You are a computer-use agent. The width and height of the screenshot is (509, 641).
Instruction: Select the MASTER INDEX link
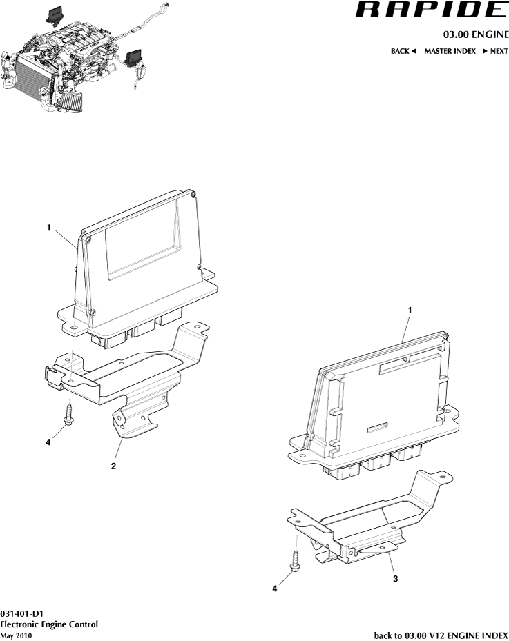450,51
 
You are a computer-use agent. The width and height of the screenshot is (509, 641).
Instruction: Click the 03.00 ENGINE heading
476,34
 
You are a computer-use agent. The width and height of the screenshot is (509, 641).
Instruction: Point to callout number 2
113,466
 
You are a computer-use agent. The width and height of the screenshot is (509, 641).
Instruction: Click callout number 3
395,578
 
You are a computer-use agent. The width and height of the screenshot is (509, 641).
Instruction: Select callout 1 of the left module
49,228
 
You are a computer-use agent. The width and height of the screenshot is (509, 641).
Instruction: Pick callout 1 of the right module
410,310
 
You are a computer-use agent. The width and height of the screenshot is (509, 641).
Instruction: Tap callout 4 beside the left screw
48,442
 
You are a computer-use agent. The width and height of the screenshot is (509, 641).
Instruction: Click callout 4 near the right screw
275,589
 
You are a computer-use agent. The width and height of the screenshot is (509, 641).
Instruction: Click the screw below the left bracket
68,415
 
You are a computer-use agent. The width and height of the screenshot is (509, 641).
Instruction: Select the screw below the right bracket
295,561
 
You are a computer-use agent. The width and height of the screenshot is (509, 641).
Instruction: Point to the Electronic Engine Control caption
49,624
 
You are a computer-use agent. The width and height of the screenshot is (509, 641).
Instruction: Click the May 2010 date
16,635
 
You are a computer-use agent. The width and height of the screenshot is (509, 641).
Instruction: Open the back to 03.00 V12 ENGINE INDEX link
441,635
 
